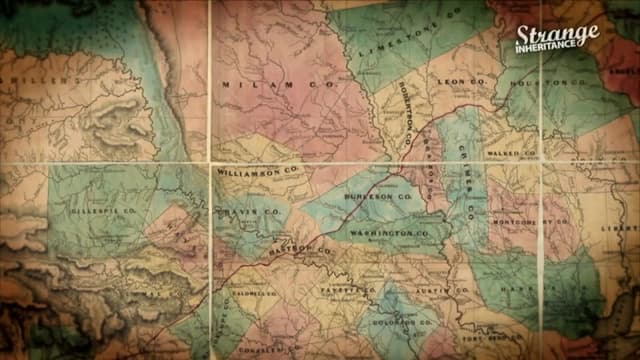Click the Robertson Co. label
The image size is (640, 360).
[x=404, y=115]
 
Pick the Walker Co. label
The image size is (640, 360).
[x=510, y=152]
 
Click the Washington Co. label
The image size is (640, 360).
[x=394, y=233]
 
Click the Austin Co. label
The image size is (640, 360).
[x=449, y=290]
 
